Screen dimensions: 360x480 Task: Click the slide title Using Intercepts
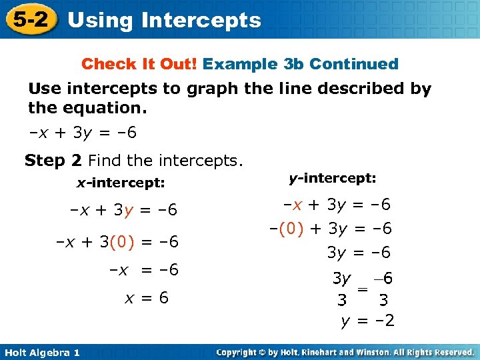164,20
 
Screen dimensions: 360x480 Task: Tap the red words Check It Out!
139,64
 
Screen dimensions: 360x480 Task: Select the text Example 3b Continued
300,64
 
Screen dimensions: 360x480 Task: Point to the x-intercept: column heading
121,182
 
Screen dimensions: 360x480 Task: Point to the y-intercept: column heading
333,179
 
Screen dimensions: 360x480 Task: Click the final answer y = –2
367,321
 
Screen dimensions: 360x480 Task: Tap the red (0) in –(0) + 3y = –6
290,229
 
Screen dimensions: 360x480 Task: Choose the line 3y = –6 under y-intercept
358,253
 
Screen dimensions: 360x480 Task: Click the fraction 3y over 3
341,289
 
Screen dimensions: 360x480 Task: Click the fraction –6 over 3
383,289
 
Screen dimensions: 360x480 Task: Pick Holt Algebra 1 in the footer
41,352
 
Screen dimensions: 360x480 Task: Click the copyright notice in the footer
345,352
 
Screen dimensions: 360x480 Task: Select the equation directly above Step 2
83,133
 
